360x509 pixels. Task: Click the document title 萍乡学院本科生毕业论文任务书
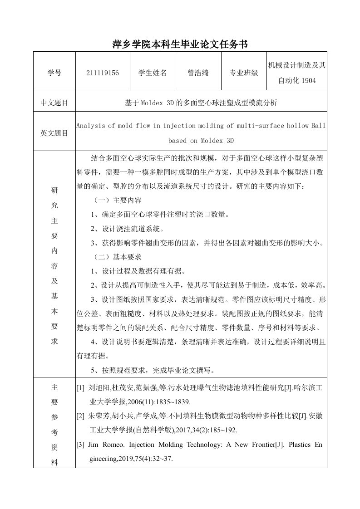[180, 44]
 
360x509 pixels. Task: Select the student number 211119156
[102, 72]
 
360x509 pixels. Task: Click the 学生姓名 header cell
[152, 72]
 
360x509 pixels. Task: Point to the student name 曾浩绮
[198, 72]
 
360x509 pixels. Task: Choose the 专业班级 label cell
[244, 72]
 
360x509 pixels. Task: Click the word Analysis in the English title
[90, 126]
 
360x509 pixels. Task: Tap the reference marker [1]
[80, 388]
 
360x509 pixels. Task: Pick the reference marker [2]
[80, 416]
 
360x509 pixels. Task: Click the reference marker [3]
[80, 445]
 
